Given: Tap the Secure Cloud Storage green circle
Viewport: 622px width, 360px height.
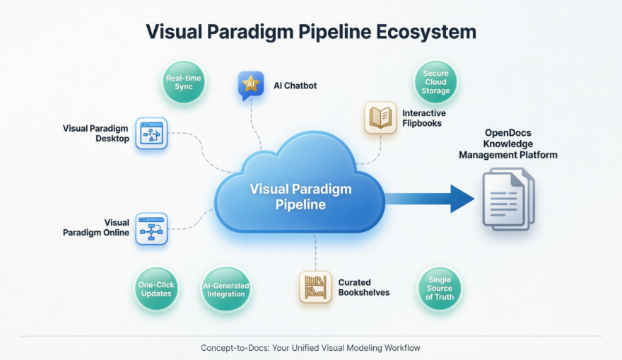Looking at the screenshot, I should [x=436, y=82].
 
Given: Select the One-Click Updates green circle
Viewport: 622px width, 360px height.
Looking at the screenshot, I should [x=156, y=289].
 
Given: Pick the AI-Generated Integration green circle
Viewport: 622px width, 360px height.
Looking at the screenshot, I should [x=225, y=289].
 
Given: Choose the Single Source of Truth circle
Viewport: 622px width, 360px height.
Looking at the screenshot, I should [x=439, y=289].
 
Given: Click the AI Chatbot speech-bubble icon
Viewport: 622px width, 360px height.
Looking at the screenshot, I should [x=250, y=86].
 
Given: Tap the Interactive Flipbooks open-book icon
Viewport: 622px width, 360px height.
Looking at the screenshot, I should [x=380, y=117].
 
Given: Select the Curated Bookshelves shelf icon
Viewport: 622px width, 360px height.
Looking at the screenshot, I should [x=315, y=287].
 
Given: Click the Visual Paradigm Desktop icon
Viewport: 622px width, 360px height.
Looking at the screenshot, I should [x=151, y=133].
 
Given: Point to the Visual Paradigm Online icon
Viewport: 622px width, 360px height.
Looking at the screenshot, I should [x=151, y=228].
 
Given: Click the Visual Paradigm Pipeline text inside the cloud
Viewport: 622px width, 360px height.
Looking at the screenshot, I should [x=300, y=197].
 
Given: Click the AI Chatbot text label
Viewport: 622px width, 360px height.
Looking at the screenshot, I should [x=295, y=86].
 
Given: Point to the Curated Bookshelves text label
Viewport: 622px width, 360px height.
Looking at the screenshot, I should [x=363, y=287].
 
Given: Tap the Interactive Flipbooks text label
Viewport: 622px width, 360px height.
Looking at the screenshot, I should [x=424, y=117].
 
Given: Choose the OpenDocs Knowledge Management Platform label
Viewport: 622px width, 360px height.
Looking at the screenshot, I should [x=507, y=144].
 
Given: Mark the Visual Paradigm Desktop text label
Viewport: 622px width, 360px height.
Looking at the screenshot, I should [x=95, y=133].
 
